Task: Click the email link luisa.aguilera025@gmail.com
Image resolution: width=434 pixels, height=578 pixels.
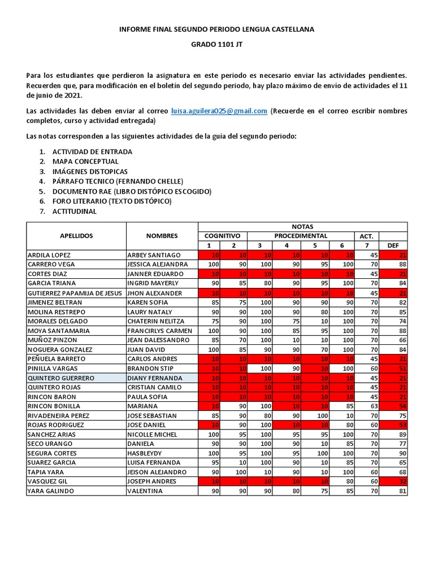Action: (219, 111)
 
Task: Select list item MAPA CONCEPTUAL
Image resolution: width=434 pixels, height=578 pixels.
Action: (85, 161)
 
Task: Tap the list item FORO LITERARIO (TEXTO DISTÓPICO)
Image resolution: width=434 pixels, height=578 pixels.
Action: (111, 201)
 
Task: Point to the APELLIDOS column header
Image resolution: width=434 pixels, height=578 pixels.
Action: (76, 236)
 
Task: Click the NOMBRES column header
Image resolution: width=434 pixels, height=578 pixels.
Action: (162, 236)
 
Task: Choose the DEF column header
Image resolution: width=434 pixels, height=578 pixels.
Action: (393, 246)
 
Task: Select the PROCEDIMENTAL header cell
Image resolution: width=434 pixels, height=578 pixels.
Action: (301, 236)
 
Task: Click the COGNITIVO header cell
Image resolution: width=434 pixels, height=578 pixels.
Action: (222, 236)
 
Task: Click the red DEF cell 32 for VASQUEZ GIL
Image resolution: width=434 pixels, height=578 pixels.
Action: (393, 481)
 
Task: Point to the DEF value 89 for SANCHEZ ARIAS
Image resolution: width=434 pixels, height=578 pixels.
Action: (393, 435)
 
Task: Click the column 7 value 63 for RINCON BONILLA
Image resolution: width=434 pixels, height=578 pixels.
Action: (367, 406)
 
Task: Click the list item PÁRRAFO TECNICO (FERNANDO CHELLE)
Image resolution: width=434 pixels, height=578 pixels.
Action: (118, 181)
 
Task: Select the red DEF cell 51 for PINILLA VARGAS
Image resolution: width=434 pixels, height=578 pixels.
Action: (393, 368)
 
